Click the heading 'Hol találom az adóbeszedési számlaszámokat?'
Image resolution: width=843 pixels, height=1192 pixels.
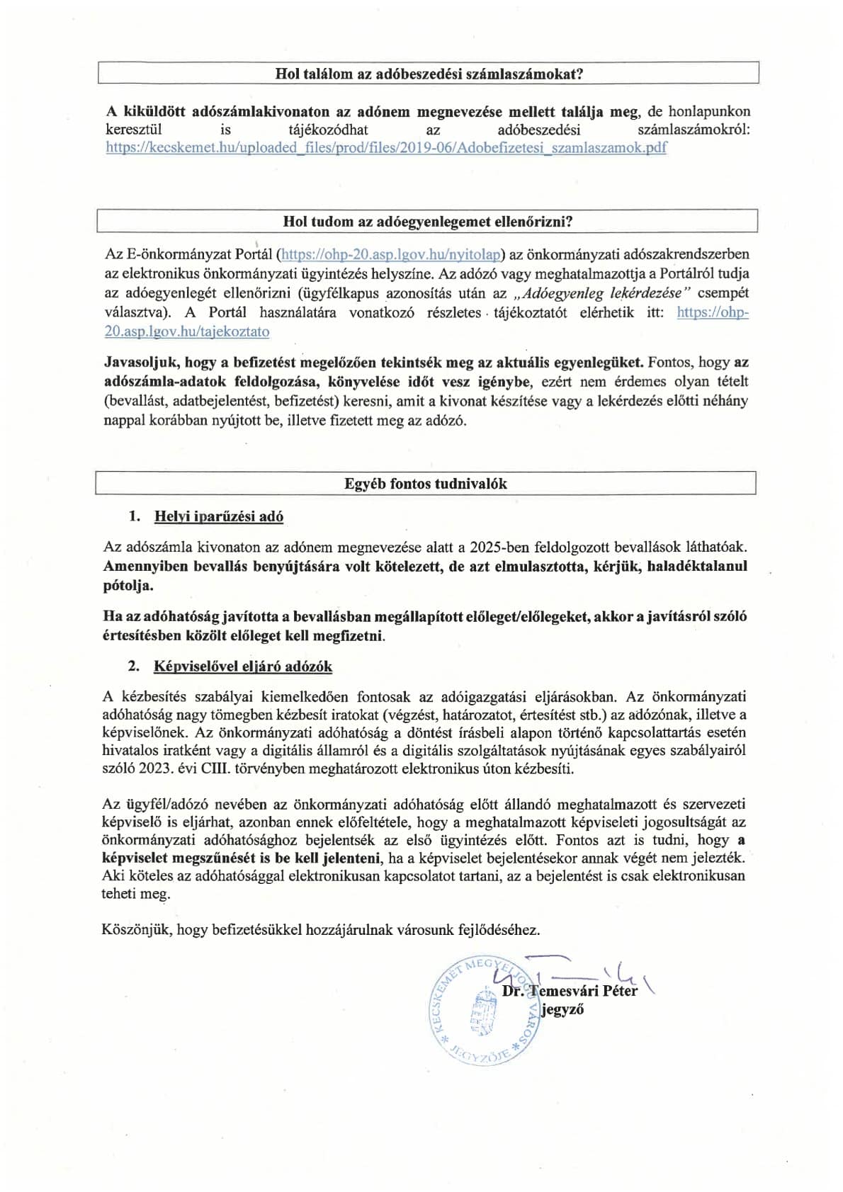pos(428,74)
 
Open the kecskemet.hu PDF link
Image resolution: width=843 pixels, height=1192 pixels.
pos(386,148)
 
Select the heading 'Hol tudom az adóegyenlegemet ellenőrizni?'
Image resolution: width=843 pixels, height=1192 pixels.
pos(428,221)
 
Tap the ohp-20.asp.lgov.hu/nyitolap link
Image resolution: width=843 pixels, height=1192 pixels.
pos(392,254)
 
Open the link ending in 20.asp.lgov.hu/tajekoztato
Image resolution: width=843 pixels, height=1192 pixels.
pos(187,331)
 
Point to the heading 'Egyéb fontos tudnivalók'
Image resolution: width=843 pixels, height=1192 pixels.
pos(426,484)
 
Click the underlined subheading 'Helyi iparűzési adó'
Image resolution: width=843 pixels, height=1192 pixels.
pos(219,516)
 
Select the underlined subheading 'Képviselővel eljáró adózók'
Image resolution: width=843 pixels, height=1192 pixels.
pos(243,666)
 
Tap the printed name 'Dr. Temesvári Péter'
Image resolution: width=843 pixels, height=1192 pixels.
pos(570,991)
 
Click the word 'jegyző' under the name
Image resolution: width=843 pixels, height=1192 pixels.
pos(562,1010)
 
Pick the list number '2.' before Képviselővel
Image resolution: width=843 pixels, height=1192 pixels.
pos(135,666)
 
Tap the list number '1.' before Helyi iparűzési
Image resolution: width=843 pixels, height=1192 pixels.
pos(135,516)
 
